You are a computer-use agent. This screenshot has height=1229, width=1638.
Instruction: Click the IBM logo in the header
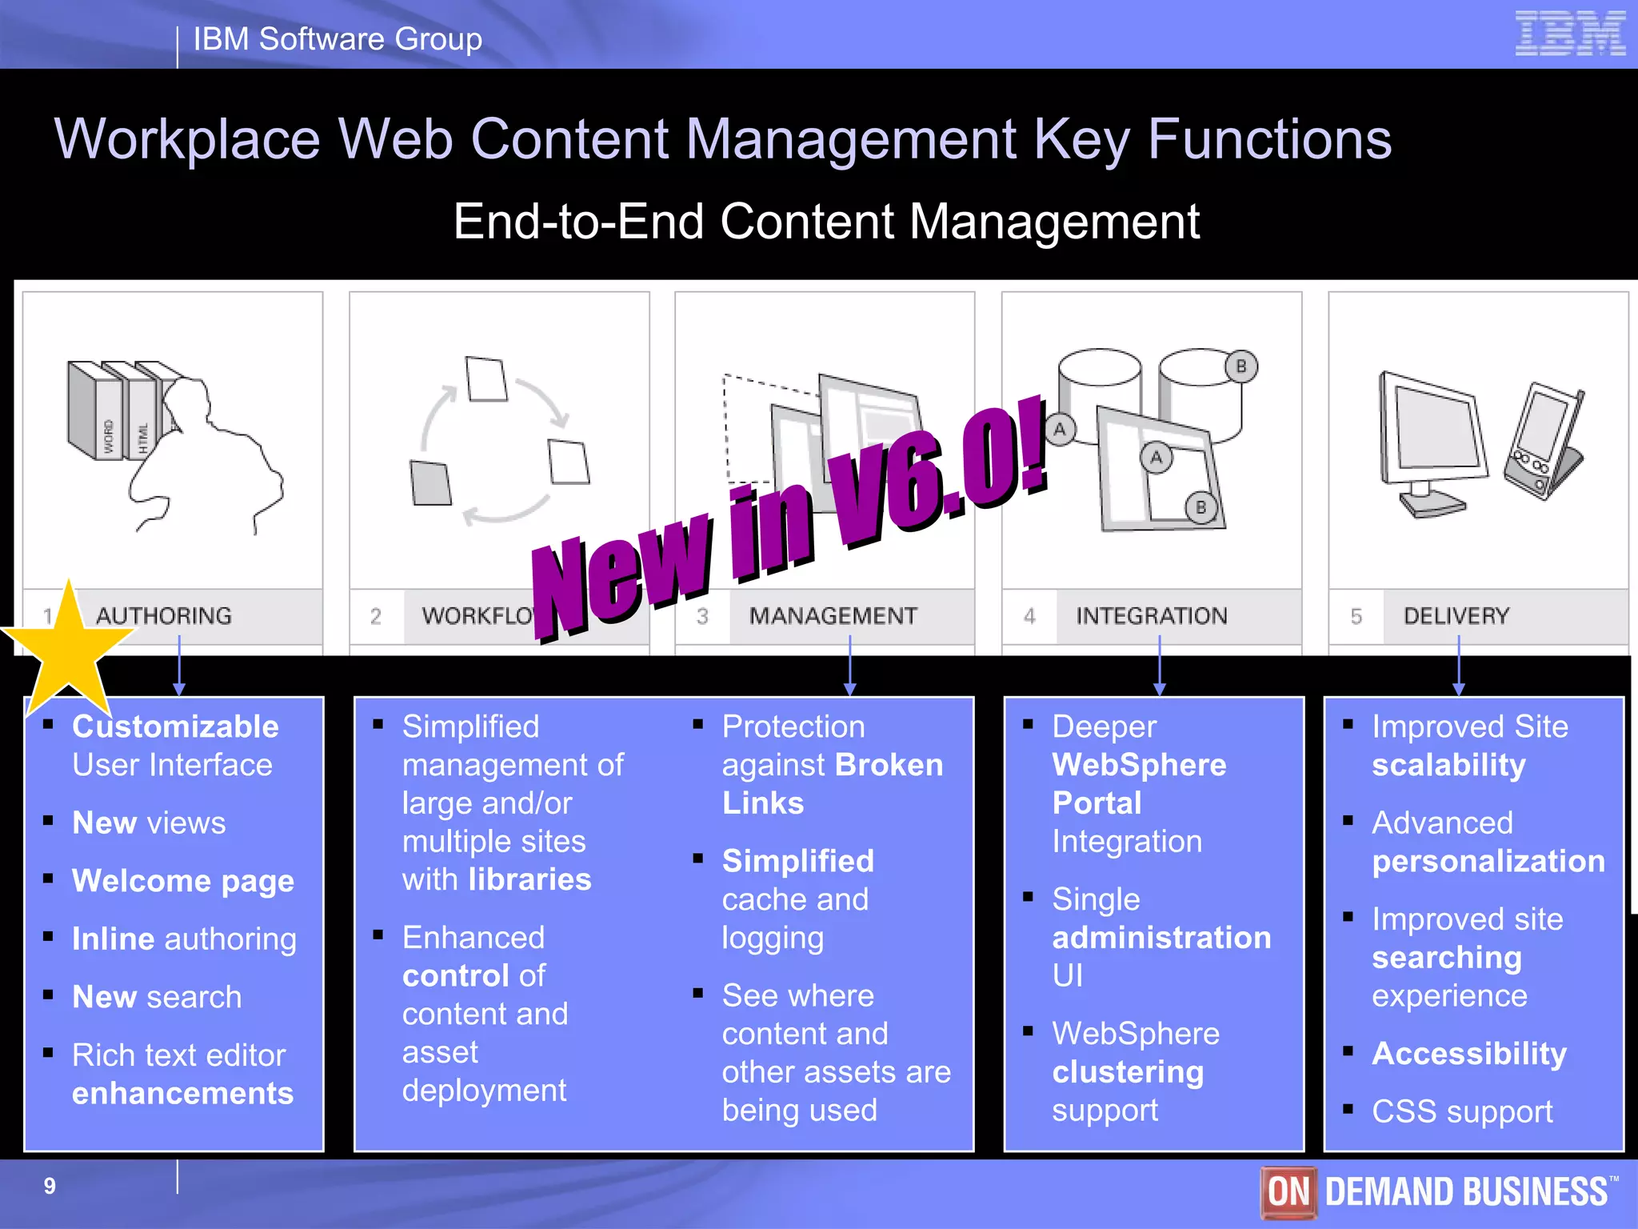click(x=1570, y=34)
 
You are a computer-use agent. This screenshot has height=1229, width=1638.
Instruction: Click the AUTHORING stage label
click(x=163, y=615)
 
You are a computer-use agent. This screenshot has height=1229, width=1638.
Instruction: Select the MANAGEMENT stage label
click(x=833, y=615)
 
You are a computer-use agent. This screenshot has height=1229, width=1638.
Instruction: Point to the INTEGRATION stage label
click(x=1151, y=615)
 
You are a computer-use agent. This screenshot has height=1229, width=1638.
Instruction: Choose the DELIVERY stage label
click(x=1456, y=615)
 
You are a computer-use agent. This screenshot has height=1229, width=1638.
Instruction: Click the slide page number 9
click(x=50, y=1186)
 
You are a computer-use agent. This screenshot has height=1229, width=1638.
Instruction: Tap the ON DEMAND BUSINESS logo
click(x=1439, y=1191)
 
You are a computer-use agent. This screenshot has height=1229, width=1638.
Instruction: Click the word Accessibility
click(x=1468, y=1053)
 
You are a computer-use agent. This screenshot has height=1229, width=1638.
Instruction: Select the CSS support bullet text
click(x=1461, y=1111)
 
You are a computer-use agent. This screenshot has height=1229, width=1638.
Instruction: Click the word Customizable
click(x=175, y=727)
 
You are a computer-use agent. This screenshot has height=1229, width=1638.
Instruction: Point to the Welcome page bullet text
click(x=183, y=880)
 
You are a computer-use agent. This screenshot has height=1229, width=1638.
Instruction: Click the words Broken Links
click(x=832, y=784)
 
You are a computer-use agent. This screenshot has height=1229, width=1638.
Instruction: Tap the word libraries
click(x=529, y=879)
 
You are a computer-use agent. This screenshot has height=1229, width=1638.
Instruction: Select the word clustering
click(x=1127, y=1072)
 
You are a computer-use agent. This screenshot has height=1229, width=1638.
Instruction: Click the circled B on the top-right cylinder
click(x=1240, y=366)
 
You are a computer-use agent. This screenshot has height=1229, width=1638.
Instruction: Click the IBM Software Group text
click(x=338, y=38)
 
